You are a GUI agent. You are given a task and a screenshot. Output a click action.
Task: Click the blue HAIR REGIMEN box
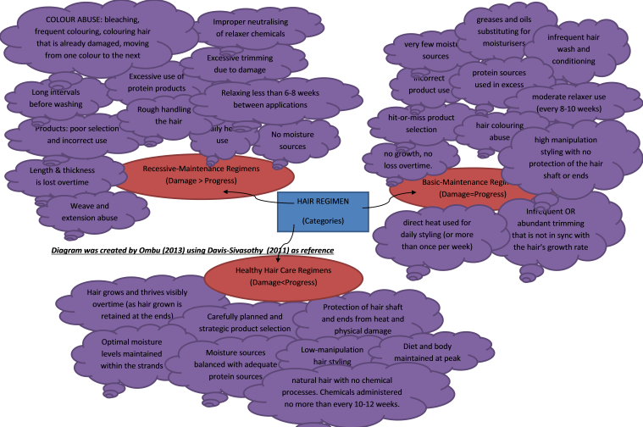pos(323,212)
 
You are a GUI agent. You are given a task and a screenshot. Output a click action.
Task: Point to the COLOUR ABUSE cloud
pos(81,36)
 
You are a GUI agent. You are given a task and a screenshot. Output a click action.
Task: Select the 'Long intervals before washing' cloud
pos(47,97)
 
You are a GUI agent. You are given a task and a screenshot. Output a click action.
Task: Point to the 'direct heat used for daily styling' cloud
pos(435,235)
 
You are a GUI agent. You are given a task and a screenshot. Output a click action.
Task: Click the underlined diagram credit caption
pos(191,251)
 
